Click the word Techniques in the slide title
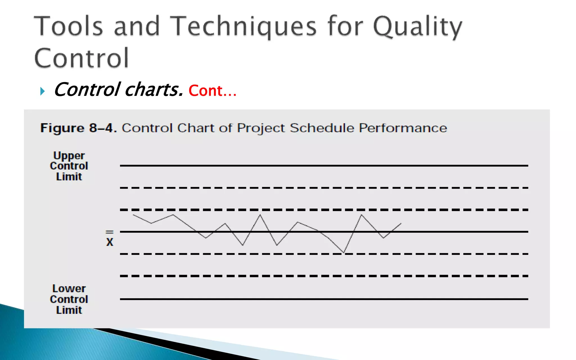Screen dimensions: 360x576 pos(244,26)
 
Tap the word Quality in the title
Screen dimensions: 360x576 pos(417,26)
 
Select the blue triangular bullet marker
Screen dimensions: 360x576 pos(42,91)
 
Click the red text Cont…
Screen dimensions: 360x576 pos(212,91)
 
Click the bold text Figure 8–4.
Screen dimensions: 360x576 pos(78,128)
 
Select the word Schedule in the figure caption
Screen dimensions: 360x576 pos(322,128)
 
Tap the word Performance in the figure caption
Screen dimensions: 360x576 pos(403,128)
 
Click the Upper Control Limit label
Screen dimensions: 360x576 pos(69,166)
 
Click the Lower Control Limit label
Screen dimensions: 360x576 pos(69,299)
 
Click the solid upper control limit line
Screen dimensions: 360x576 pos(323,166)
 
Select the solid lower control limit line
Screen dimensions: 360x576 pos(323,299)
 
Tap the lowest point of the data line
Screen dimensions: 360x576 pos(344,252)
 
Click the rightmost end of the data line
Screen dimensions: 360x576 pos(401,223)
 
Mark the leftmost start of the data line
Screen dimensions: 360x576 pos(133,215)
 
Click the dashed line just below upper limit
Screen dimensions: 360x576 pos(323,188)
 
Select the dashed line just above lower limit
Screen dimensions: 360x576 pos(323,276)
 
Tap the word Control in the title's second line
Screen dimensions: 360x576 pos(82,58)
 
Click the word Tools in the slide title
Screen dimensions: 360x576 pos(69,26)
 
